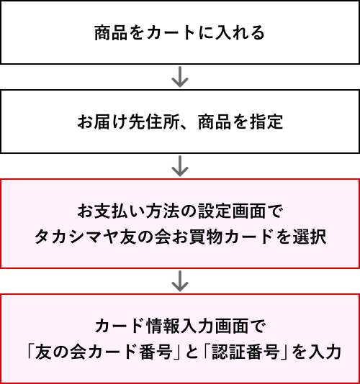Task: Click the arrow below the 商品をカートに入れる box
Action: [180, 77]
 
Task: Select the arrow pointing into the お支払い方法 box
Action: [180, 166]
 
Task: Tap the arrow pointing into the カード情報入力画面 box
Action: [180, 281]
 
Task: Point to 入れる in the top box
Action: [240, 32]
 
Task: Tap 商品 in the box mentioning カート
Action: [111, 32]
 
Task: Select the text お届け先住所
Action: [129, 122]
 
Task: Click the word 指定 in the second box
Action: [266, 122]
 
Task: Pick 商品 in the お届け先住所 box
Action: [215, 122]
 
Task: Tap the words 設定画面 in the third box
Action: [232, 211]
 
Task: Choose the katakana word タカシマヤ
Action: [77, 237]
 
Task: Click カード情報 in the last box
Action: [138, 326]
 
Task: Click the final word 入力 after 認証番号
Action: [325, 352]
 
